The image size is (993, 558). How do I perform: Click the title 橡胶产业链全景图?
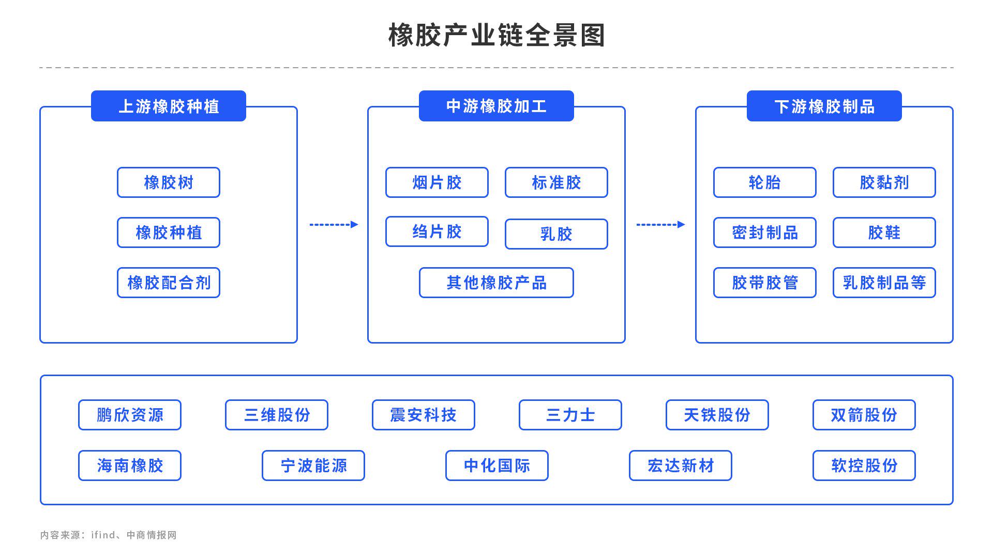click(496, 35)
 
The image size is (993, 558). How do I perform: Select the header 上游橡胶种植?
click(169, 106)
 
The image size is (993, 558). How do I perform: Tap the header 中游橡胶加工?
click(496, 106)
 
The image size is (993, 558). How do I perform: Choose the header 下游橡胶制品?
click(824, 106)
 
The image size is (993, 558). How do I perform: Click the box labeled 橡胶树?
click(169, 182)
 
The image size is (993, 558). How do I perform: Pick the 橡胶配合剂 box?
click(169, 283)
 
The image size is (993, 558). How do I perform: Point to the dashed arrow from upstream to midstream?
click(334, 224)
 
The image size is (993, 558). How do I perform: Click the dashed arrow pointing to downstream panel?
click(660, 224)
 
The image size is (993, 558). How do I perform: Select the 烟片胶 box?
click(437, 182)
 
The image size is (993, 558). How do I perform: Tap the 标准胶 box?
click(556, 182)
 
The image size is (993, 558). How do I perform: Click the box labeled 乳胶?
click(556, 234)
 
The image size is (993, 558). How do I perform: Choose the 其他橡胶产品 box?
click(496, 283)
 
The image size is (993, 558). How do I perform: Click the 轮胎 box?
click(764, 182)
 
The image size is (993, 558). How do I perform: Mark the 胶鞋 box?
click(884, 233)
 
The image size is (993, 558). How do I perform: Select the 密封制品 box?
click(764, 233)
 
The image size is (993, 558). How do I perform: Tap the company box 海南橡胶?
click(130, 466)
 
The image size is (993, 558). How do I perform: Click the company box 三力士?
click(570, 415)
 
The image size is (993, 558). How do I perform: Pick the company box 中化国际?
click(496, 466)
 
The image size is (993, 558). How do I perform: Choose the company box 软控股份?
click(864, 466)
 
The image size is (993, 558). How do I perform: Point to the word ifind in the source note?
click(103, 535)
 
